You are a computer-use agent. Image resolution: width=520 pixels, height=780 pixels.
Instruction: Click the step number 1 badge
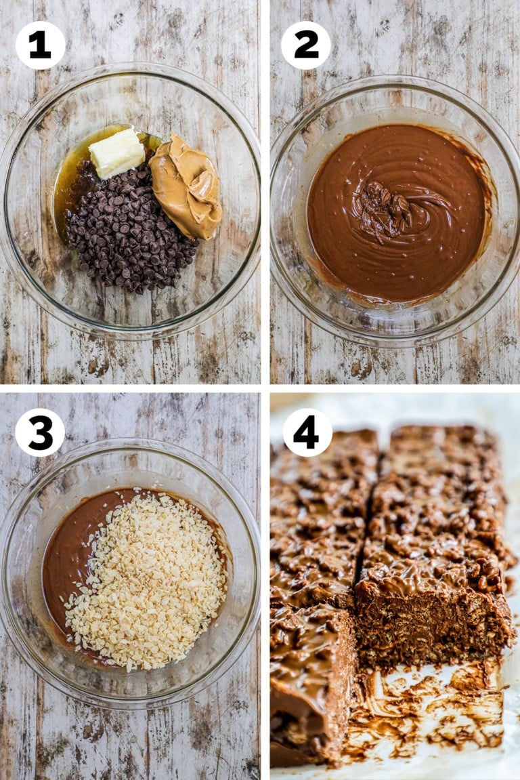tap(40, 45)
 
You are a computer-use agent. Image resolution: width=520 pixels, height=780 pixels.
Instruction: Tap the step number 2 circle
tap(306, 45)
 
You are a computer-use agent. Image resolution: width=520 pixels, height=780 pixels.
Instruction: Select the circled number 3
tap(40, 432)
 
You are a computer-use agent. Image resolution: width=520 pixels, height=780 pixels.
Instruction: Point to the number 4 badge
tap(307, 432)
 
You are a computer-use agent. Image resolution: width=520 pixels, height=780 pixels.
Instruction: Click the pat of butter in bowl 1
tap(116, 152)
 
